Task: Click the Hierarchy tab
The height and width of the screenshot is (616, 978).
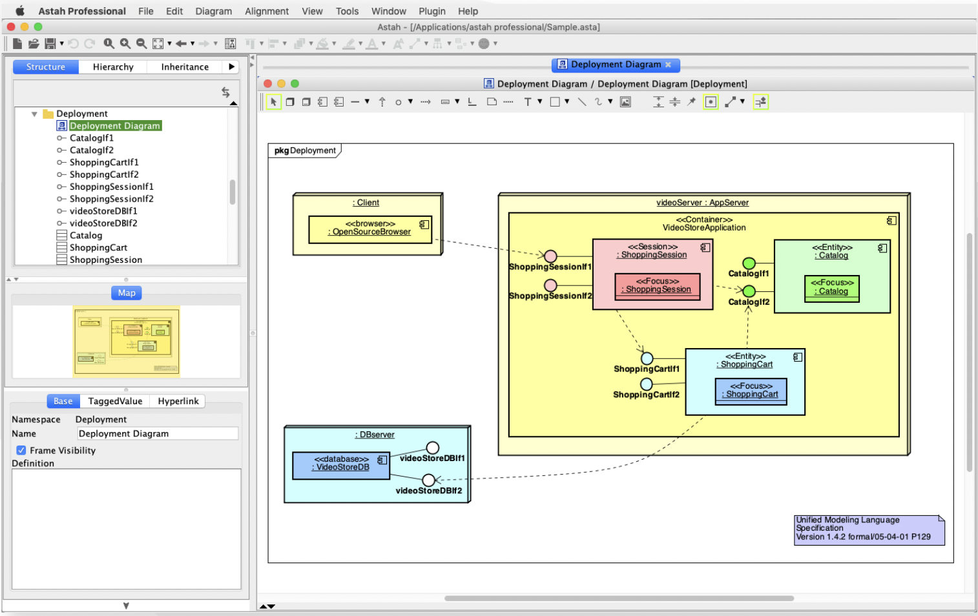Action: (113, 67)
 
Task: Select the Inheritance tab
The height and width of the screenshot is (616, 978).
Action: (185, 67)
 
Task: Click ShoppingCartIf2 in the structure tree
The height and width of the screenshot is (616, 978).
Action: (104, 174)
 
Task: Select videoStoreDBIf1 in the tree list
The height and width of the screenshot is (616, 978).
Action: (103, 211)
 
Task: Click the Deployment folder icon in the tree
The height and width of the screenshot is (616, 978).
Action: (48, 114)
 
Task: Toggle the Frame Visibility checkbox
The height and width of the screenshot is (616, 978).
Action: (21, 450)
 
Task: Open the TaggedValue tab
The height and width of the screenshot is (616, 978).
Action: (115, 401)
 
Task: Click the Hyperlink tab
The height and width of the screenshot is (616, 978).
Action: (178, 401)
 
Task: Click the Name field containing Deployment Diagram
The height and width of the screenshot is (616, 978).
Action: (157, 433)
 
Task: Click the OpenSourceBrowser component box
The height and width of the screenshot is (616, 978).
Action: (369, 229)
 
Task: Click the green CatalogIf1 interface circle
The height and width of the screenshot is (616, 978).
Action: (749, 263)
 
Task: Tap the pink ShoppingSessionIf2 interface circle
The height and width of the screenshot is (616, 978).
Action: (550, 285)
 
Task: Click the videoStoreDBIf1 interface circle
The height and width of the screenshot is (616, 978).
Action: (432, 447)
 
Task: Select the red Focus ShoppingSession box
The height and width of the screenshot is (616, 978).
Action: (657, 286)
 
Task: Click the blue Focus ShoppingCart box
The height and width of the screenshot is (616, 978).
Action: (751, 391)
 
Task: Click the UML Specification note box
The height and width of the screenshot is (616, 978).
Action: (868, 529)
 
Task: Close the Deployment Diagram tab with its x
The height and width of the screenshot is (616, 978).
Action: (668, 65)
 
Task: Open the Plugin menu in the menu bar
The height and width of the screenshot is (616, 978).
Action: (432, 11)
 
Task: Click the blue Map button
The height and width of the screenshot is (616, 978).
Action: (127, 293)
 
